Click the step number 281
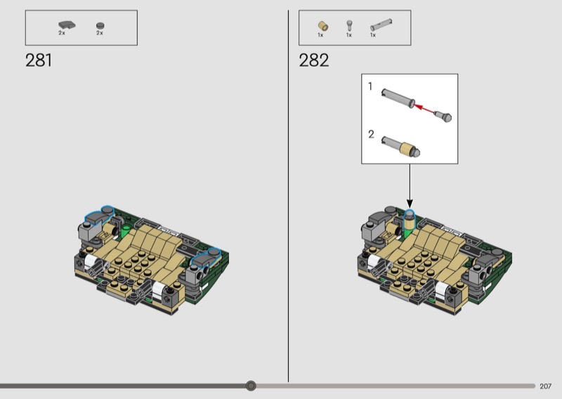(x=39, y=60)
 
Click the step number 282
(x=313, y=60)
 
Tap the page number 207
(x=545, y=386)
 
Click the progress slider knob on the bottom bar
(x=251, y=386)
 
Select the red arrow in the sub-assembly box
(x=425, y=108)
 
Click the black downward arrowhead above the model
(x=410, y=204)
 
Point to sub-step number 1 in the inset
(x=370, y=86)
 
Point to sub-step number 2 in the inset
(x=371, y=134)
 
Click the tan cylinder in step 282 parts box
(x=323, y=26)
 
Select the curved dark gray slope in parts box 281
(x=67, y=25)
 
